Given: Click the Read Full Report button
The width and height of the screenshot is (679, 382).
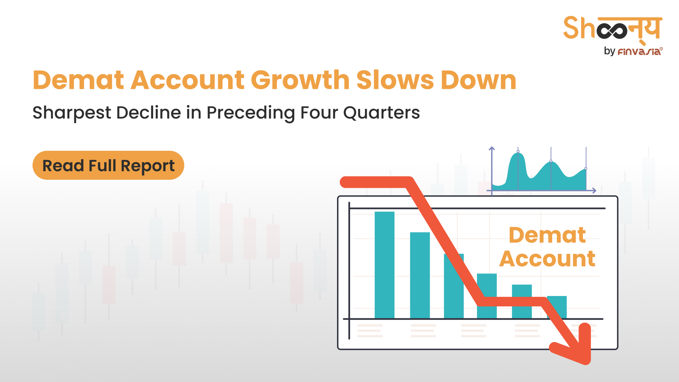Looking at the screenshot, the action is click(108, 165).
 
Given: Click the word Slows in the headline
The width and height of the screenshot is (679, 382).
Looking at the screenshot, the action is click(395, 80).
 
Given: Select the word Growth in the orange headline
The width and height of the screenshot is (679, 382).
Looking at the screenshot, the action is click(300, 80).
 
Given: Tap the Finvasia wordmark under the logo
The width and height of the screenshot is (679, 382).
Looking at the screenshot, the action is click(640, 52).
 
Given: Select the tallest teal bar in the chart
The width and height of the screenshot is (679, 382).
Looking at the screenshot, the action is click(384, 265).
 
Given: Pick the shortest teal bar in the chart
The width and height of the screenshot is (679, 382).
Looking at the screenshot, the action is click(557, 307).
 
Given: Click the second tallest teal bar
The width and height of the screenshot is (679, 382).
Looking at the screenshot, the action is click(420, 275).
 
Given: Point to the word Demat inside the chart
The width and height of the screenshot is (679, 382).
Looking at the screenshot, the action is click(547, 235).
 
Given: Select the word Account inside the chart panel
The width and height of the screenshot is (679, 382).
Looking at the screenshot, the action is click(547, 259).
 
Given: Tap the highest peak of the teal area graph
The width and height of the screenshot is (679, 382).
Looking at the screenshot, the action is click(518, 152).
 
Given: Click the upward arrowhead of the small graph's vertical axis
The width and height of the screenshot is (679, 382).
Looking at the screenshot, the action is click(492, 149).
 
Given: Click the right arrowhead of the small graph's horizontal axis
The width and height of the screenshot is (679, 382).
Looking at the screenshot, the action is click(594, 191).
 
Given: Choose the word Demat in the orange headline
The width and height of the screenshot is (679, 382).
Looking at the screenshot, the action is click(78, 80).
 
